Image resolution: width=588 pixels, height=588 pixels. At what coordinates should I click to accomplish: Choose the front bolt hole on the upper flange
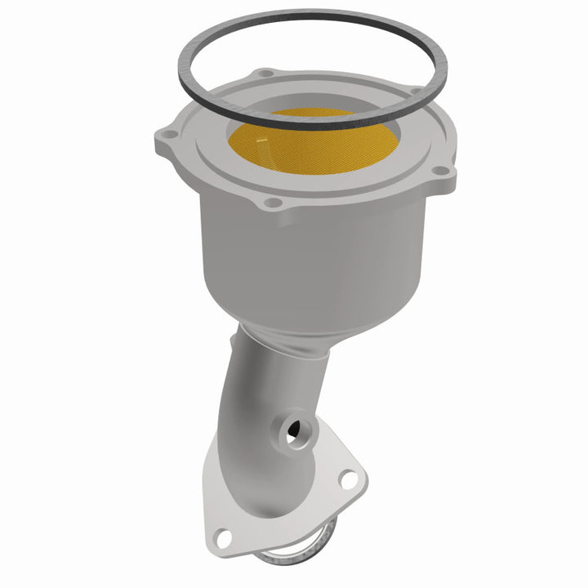tap(274, 202)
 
